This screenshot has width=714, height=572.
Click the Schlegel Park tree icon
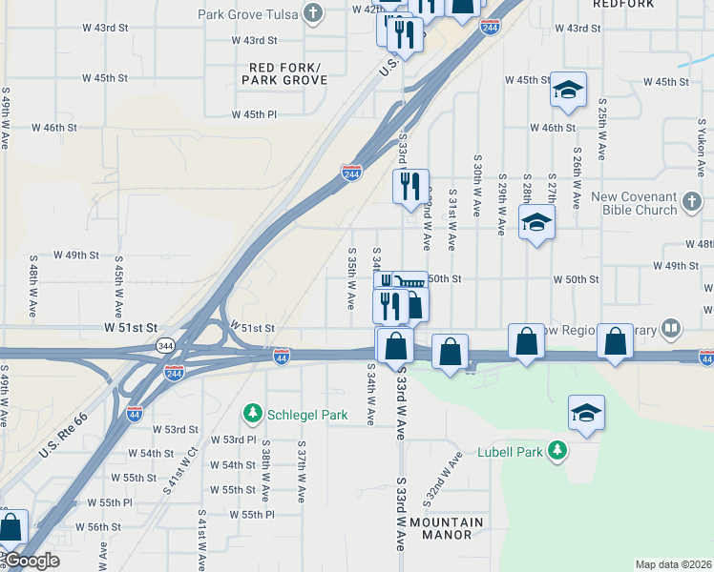point(253,414)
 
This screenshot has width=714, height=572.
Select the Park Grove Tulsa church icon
point(313,12)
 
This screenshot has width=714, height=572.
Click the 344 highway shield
point(165,345)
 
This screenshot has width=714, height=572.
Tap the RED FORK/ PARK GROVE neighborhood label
point(284,73)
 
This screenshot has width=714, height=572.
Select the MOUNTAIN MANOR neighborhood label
point(447,528)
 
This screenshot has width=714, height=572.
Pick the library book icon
point(672,330)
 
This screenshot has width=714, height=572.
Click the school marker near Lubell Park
point(587,413)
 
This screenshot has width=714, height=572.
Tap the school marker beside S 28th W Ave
point(537,224)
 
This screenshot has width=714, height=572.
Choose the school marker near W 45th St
point(568,90)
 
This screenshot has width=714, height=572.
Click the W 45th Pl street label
point(254,114)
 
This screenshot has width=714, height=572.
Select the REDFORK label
point(623,5)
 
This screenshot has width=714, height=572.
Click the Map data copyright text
point(673,564)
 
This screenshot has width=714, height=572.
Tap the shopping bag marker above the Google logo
point(10,526)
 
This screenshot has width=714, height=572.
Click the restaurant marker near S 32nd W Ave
point(411,186)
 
